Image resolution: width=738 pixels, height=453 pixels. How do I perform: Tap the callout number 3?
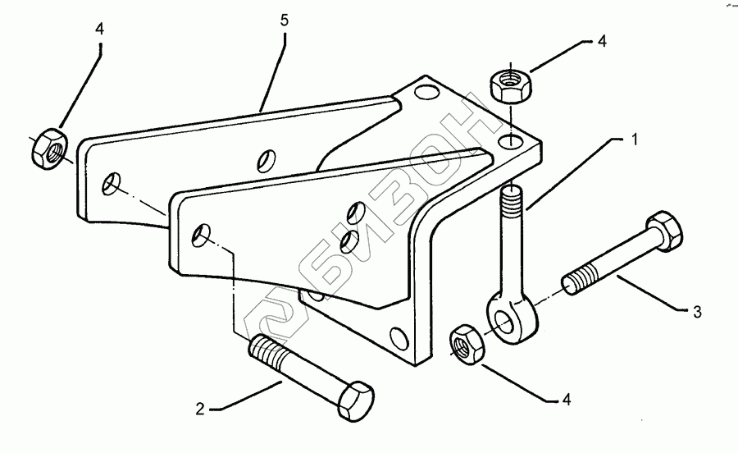[697, 311]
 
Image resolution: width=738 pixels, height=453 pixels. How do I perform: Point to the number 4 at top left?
[99, 28]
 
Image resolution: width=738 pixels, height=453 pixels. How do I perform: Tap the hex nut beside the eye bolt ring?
[467, 342]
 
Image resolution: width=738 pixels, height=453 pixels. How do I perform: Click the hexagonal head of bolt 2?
[353, 401]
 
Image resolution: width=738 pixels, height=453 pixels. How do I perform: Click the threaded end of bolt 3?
[577, 278]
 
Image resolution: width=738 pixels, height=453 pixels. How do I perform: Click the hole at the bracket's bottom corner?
[399, 337]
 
